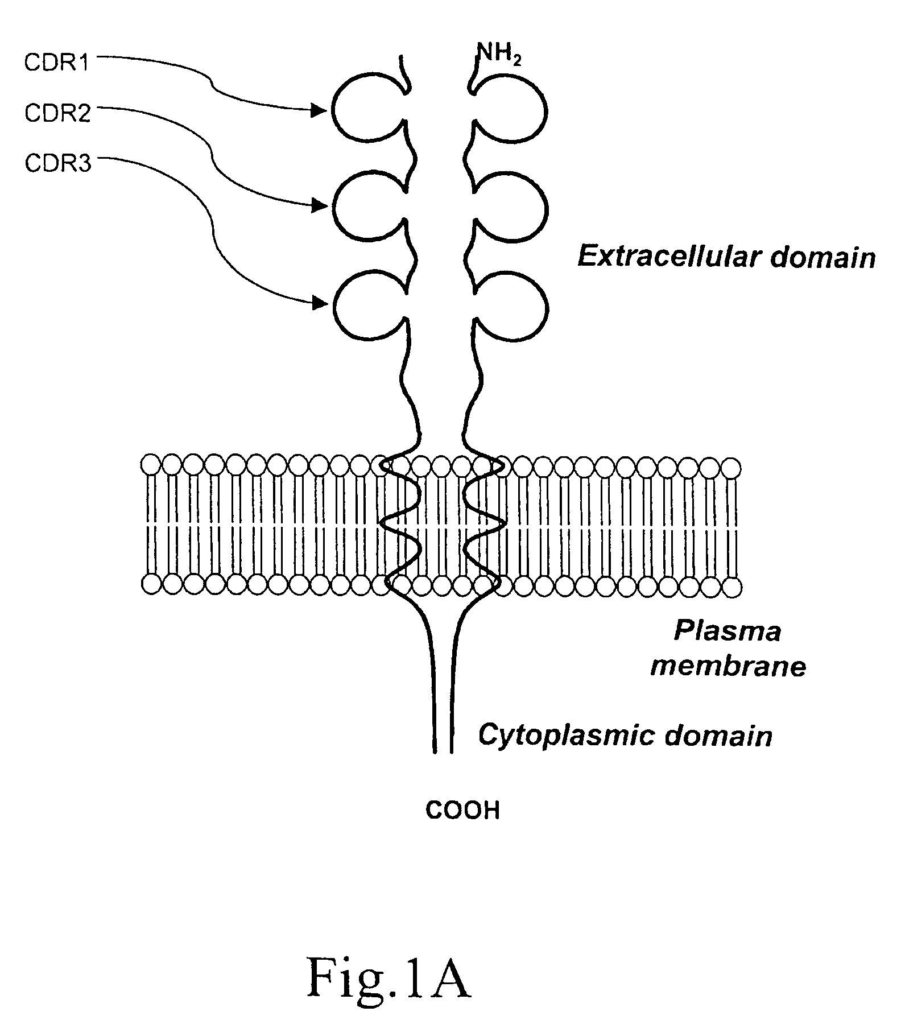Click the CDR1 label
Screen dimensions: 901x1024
[x=57, y=63]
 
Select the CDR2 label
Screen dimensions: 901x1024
[x=57, y=114]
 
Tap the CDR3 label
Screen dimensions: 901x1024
[x=57, y=164]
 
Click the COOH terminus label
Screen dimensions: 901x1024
[x=463, y=811]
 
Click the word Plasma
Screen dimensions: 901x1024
[x=728, y=631]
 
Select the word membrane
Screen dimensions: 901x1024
[x=729, y=666]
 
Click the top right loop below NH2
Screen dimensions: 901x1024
[x=546, y=111]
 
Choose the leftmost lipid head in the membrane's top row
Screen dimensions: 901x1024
[x=151, y=465]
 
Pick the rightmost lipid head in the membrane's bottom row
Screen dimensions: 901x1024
[x=731, y=586]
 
